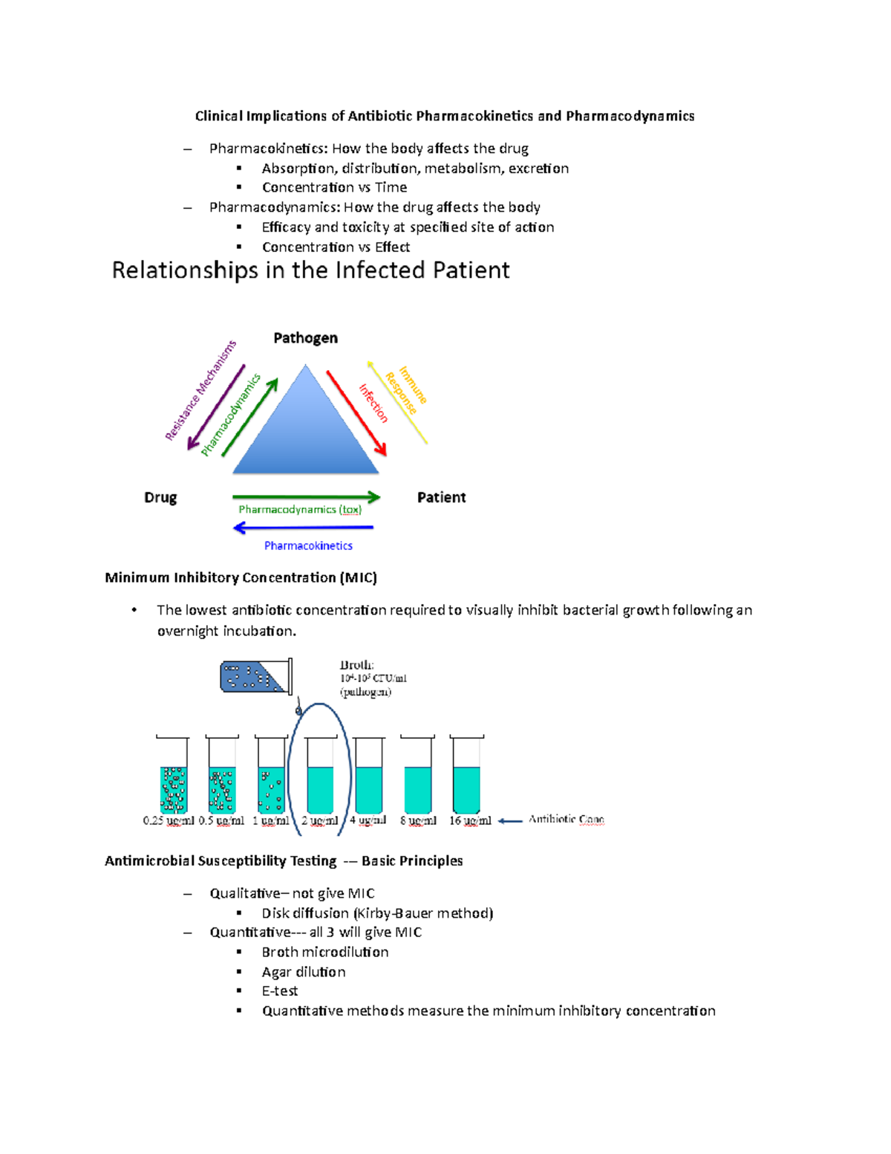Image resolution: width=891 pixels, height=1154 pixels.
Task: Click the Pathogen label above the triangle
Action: (x=305, y=338)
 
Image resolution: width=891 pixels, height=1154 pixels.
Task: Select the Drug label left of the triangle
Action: (x=160, y=497)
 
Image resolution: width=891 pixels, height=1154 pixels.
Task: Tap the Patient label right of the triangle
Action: (x=441, y=497)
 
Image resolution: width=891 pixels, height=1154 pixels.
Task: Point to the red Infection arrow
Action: (x=356, y=413)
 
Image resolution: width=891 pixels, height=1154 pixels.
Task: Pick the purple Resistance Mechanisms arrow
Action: (x=216, y=407)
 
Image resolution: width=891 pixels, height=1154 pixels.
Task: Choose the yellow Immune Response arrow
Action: (x=397, y=403)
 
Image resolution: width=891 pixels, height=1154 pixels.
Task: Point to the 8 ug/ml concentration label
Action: (x=418, y=821)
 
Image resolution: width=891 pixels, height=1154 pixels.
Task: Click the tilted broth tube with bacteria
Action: (x=255, y=677)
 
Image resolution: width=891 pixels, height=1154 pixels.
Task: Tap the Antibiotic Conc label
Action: (x=566, y=819)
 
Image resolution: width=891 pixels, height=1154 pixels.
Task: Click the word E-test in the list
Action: (x=279, y=991)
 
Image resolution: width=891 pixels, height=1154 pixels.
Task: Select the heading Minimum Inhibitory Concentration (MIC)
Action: (x=241, y=577)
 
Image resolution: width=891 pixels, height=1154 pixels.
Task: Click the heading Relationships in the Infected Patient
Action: (x=310, y=270)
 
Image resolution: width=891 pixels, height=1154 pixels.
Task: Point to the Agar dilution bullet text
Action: (x=303, y=972)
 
